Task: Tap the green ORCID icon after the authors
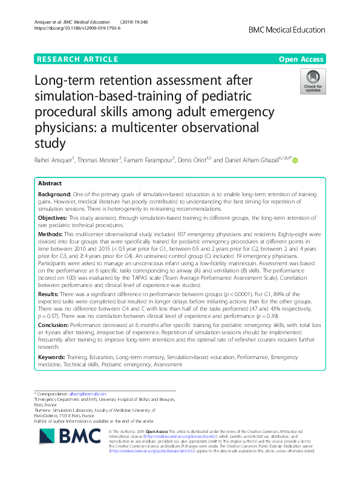point(296,160)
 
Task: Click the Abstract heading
point(50,183)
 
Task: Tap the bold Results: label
point(51,292)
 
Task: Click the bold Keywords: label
point(54,358)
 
